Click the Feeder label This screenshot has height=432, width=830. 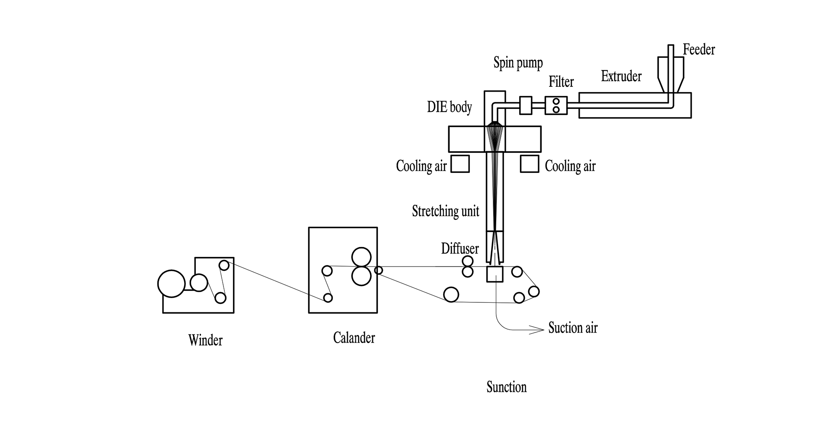[x=699, y=50]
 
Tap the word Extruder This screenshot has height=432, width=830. [x=621, y=76]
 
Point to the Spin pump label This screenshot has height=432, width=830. [x=518, y=64]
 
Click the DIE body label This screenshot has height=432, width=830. [x=450, y=107]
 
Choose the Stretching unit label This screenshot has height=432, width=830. [x=446, y=211]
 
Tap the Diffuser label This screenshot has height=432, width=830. [x=460, y=248]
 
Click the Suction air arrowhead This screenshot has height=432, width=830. [x=539, y=330]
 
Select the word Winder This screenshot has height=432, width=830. [x=205, y=340]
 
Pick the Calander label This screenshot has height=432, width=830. [x=354, y=337]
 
